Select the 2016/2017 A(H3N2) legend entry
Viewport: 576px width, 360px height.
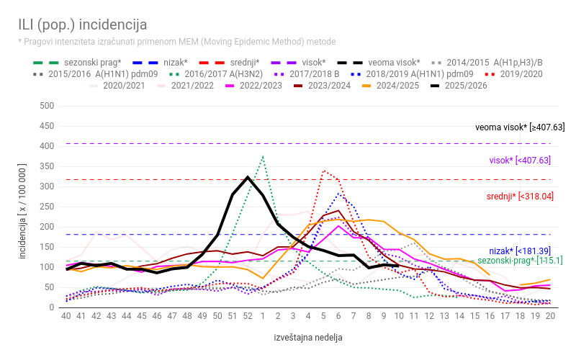(216, 74)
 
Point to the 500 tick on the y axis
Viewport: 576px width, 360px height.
(47, 106)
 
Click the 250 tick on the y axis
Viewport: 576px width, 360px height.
(47, 207)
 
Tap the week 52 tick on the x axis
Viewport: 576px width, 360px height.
(248, 315)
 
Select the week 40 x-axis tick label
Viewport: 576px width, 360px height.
(66, 315)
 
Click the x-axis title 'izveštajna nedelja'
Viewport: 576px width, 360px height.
(308, 337)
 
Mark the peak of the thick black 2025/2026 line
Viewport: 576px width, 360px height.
(248, 177)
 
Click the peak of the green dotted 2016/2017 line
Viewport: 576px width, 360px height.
(263, 156)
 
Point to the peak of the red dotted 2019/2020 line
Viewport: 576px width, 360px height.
(325, 171)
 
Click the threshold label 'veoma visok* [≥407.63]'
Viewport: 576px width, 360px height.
(519, 127)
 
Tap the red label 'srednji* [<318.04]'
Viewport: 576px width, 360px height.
(520, 196)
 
